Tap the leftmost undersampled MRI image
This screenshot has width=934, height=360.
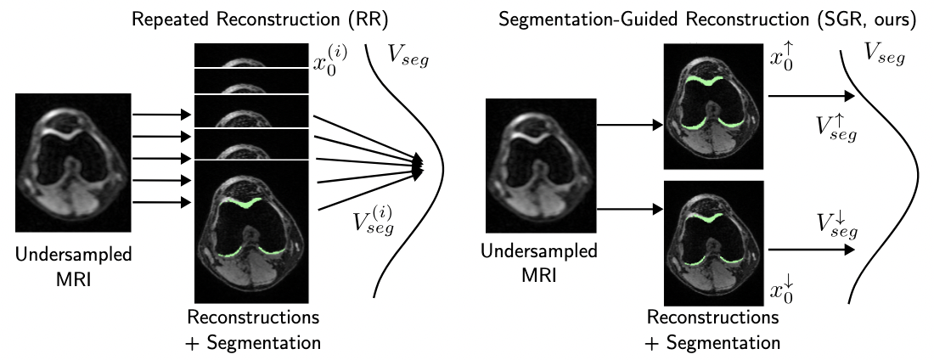click(x=73, y=162)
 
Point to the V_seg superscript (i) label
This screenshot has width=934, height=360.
click(x=374, y=223)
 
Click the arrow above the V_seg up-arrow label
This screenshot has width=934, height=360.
click(x=811, y=98)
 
